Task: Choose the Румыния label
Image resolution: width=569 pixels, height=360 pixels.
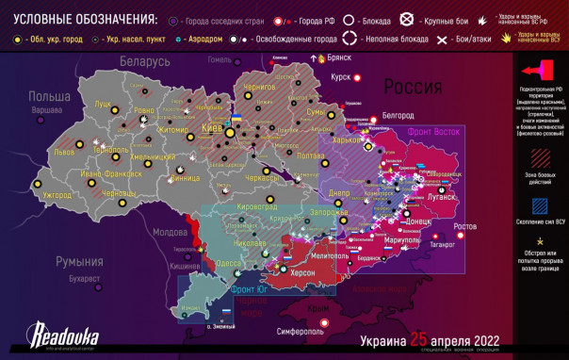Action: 78,261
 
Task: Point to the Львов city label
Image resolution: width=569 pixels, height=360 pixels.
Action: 64,152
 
